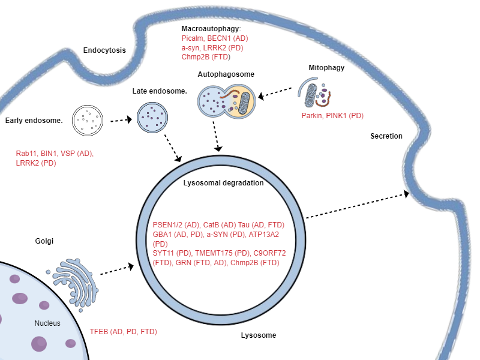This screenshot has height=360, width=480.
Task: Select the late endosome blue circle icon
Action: coord(153,116)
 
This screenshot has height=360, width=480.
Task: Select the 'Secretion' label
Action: coord(386,136)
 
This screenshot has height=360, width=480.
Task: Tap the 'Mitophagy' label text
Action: coord(326,68)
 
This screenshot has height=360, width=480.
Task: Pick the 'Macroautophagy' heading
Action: coord(211,29)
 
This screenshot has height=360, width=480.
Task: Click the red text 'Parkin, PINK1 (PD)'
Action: coord(332,115)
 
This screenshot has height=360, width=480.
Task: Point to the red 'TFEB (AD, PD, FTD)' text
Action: coord(123,331)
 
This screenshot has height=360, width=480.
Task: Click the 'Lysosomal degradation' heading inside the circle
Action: coord(223,183)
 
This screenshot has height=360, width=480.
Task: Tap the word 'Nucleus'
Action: coord(47,323)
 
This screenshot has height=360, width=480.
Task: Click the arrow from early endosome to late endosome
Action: coord(121,120)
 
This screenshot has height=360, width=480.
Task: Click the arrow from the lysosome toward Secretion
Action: coord(358,206)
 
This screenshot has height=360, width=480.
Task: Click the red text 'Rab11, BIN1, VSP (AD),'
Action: coord(55,154)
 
